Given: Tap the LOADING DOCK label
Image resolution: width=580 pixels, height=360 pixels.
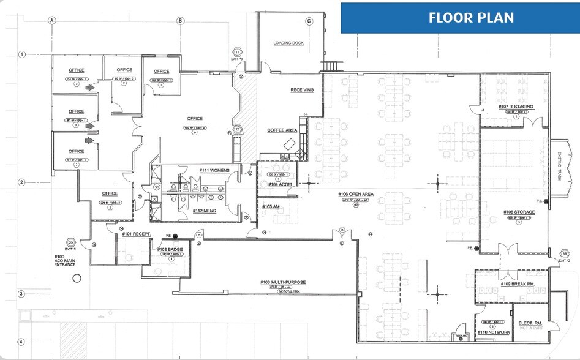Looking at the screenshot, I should click(x=290, y=43).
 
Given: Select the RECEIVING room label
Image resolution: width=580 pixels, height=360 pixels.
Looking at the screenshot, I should click(x=302, y=90).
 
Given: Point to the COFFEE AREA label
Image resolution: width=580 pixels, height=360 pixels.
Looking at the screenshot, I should click(x=282, y=130).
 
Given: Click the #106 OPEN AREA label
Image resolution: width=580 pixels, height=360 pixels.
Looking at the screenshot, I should click(x=356, y=195).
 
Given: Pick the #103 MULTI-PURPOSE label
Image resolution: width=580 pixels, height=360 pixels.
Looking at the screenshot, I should click(x=282, y=282).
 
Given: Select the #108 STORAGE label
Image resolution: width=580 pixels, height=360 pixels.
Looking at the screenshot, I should click(x=519, y=212).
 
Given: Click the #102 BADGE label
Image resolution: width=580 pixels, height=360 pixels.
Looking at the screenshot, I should click(x=170, y=250).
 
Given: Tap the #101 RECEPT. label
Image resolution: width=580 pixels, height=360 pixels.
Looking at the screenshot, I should click(x=136, y=234).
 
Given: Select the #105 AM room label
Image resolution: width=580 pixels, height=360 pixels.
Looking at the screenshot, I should click(x=271, y=207).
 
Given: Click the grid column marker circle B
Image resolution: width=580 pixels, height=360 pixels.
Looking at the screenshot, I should click(x=180, y=20).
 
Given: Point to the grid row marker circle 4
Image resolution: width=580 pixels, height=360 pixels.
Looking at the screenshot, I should click(x=20, y=342).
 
